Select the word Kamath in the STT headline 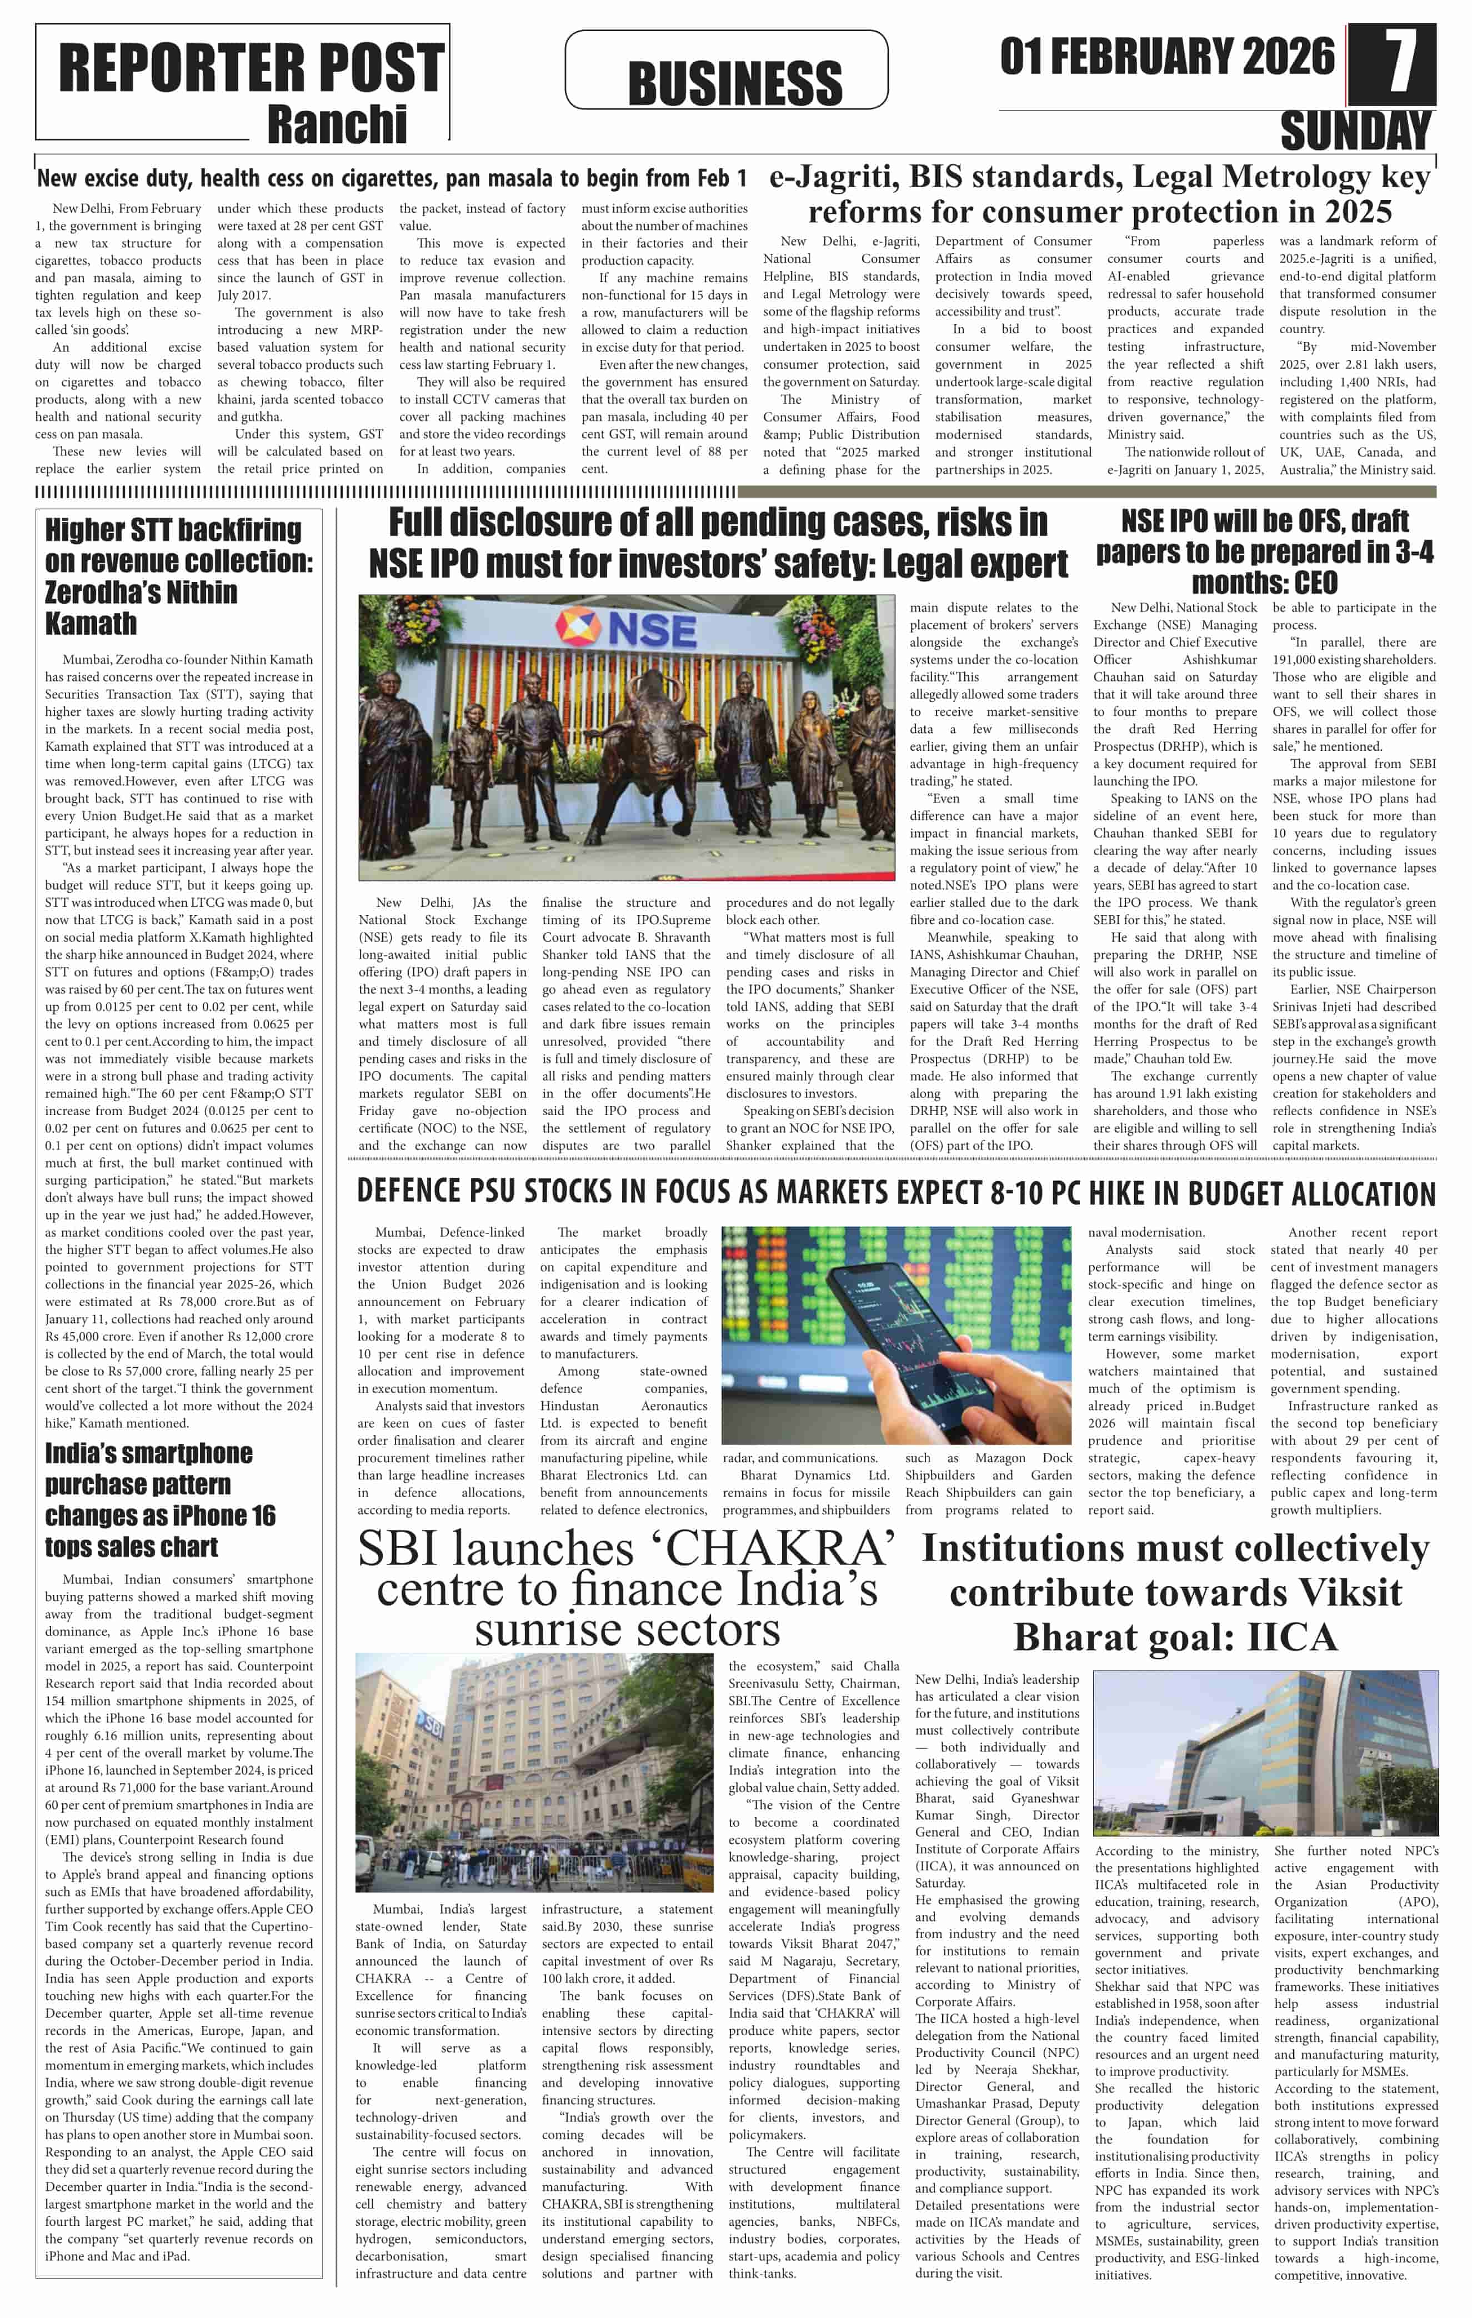point(92,624)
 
